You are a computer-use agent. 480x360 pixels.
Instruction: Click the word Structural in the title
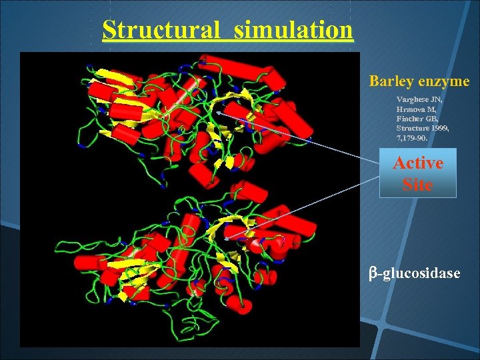pyautogui.click(x=161, y=30)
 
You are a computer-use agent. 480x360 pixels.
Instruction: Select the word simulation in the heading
pyautogui.click(x=293, y=30)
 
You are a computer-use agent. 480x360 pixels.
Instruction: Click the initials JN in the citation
pyautogui.click(x=437, y=99)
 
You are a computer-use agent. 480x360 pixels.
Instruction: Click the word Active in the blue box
pyautogui.click(x=418, y=163)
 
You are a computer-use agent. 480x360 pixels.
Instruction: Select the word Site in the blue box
pyautogui.click(x=418, y=184)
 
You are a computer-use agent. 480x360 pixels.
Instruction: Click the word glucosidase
pyautogui.click(x=423, y=273)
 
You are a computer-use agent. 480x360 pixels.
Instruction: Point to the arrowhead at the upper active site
pyautogui.click(x=219, y=111)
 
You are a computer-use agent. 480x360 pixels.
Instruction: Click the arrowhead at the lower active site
pyautogui.click(x=227, y=237)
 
